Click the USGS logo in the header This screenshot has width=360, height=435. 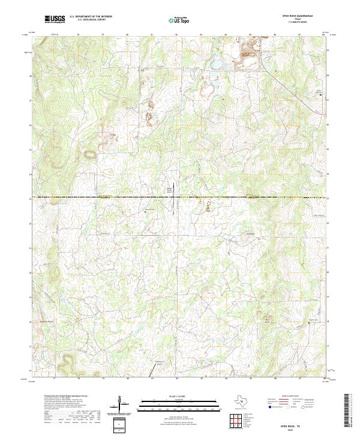click(55, 19)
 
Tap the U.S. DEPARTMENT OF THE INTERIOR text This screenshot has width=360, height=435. click(91, 17)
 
